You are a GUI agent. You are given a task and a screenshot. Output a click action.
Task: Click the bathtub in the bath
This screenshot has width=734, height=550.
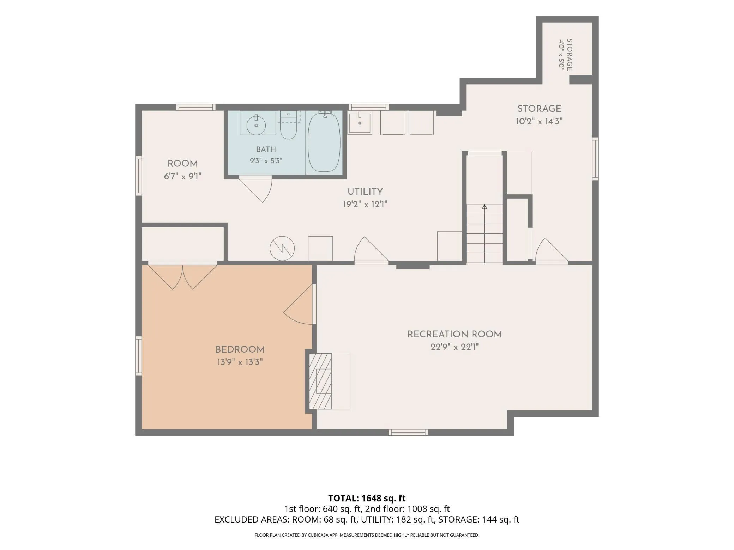[324, 142]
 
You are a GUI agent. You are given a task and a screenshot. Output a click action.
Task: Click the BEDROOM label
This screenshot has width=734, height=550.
[240, 350]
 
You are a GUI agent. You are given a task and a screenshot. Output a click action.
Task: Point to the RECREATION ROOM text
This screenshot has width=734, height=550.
[455, 334]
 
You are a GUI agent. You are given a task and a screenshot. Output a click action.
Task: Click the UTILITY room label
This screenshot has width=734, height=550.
[365, 192]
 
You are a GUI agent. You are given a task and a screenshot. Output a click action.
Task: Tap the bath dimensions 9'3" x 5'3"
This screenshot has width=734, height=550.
[266, 161]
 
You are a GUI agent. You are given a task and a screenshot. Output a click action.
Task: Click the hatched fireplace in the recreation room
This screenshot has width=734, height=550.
[320, 381]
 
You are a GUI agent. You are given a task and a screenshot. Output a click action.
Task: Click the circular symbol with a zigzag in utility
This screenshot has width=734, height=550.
[282, 248]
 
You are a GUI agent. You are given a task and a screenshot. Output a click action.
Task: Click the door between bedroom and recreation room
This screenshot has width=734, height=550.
[299, 304]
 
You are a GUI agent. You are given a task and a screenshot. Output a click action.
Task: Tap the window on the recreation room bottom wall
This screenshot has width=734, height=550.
[408, 433]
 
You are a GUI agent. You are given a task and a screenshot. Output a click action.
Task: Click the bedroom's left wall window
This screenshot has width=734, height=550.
[138, 356]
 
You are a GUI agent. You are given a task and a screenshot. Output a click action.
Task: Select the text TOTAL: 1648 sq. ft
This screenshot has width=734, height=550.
[367, 498]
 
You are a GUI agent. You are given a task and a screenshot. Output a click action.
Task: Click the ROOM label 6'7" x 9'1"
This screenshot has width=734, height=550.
[182, 170]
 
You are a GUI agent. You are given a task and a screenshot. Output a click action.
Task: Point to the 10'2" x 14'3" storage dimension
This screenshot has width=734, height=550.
[539, 122]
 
